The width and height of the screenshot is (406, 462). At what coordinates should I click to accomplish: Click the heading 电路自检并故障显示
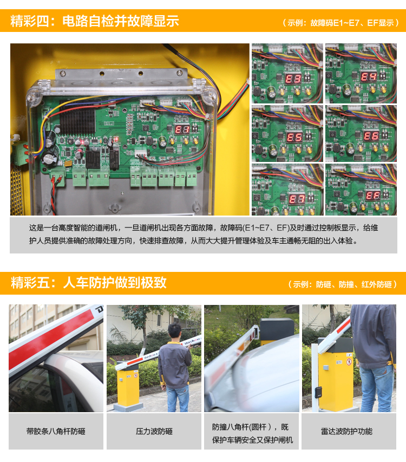coord(121,21)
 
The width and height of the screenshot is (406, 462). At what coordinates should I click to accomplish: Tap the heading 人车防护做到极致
coord(115,283)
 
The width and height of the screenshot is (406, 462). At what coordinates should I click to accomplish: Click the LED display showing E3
coord(293,79)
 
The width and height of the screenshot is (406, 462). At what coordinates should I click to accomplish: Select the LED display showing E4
coord(369,77)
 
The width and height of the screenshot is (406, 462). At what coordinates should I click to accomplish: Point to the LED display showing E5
coord(294,137)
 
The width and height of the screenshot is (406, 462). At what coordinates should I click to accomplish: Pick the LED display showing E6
coord(371,135)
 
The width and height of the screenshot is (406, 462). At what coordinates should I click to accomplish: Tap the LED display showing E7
coord(297,199)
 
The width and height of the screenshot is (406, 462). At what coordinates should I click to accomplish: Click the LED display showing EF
coord(373,195)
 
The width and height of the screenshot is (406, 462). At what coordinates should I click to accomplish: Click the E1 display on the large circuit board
coord(182,129)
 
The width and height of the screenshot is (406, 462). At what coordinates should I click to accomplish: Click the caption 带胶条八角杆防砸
coord(56,431)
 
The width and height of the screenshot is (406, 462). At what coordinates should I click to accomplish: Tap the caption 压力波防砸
coord(154,431)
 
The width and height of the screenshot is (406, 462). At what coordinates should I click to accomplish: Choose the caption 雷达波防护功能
coord(346,431)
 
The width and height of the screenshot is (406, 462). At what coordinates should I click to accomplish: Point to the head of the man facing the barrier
coord(174,332)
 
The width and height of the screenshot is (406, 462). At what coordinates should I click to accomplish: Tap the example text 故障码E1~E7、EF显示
coord(352,23)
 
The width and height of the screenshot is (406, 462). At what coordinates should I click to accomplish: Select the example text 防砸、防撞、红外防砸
coord(354,284)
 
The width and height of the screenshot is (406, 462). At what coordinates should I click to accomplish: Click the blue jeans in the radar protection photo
coord(377,387)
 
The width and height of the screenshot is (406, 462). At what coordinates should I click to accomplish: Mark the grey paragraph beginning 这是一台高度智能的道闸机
coord(203,234)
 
